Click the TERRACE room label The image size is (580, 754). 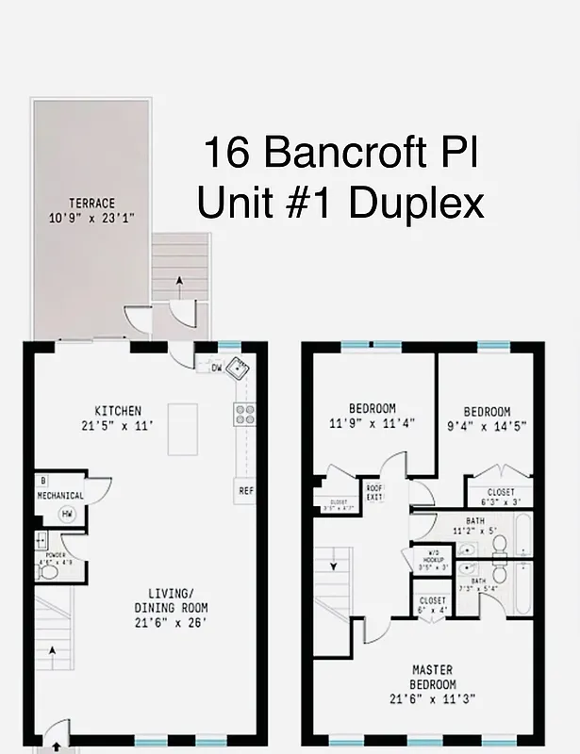[91, 203]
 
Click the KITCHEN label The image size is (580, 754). [118, 411]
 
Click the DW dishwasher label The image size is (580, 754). [216, 368]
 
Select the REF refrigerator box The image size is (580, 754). [245, 490]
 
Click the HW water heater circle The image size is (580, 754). [67, 514]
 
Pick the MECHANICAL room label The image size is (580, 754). [60, 496]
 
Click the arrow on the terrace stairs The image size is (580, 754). [179, 281]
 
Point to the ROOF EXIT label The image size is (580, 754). [374, 492]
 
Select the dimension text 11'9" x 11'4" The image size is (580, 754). [372, 423]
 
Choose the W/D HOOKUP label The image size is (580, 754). [435, 559]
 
